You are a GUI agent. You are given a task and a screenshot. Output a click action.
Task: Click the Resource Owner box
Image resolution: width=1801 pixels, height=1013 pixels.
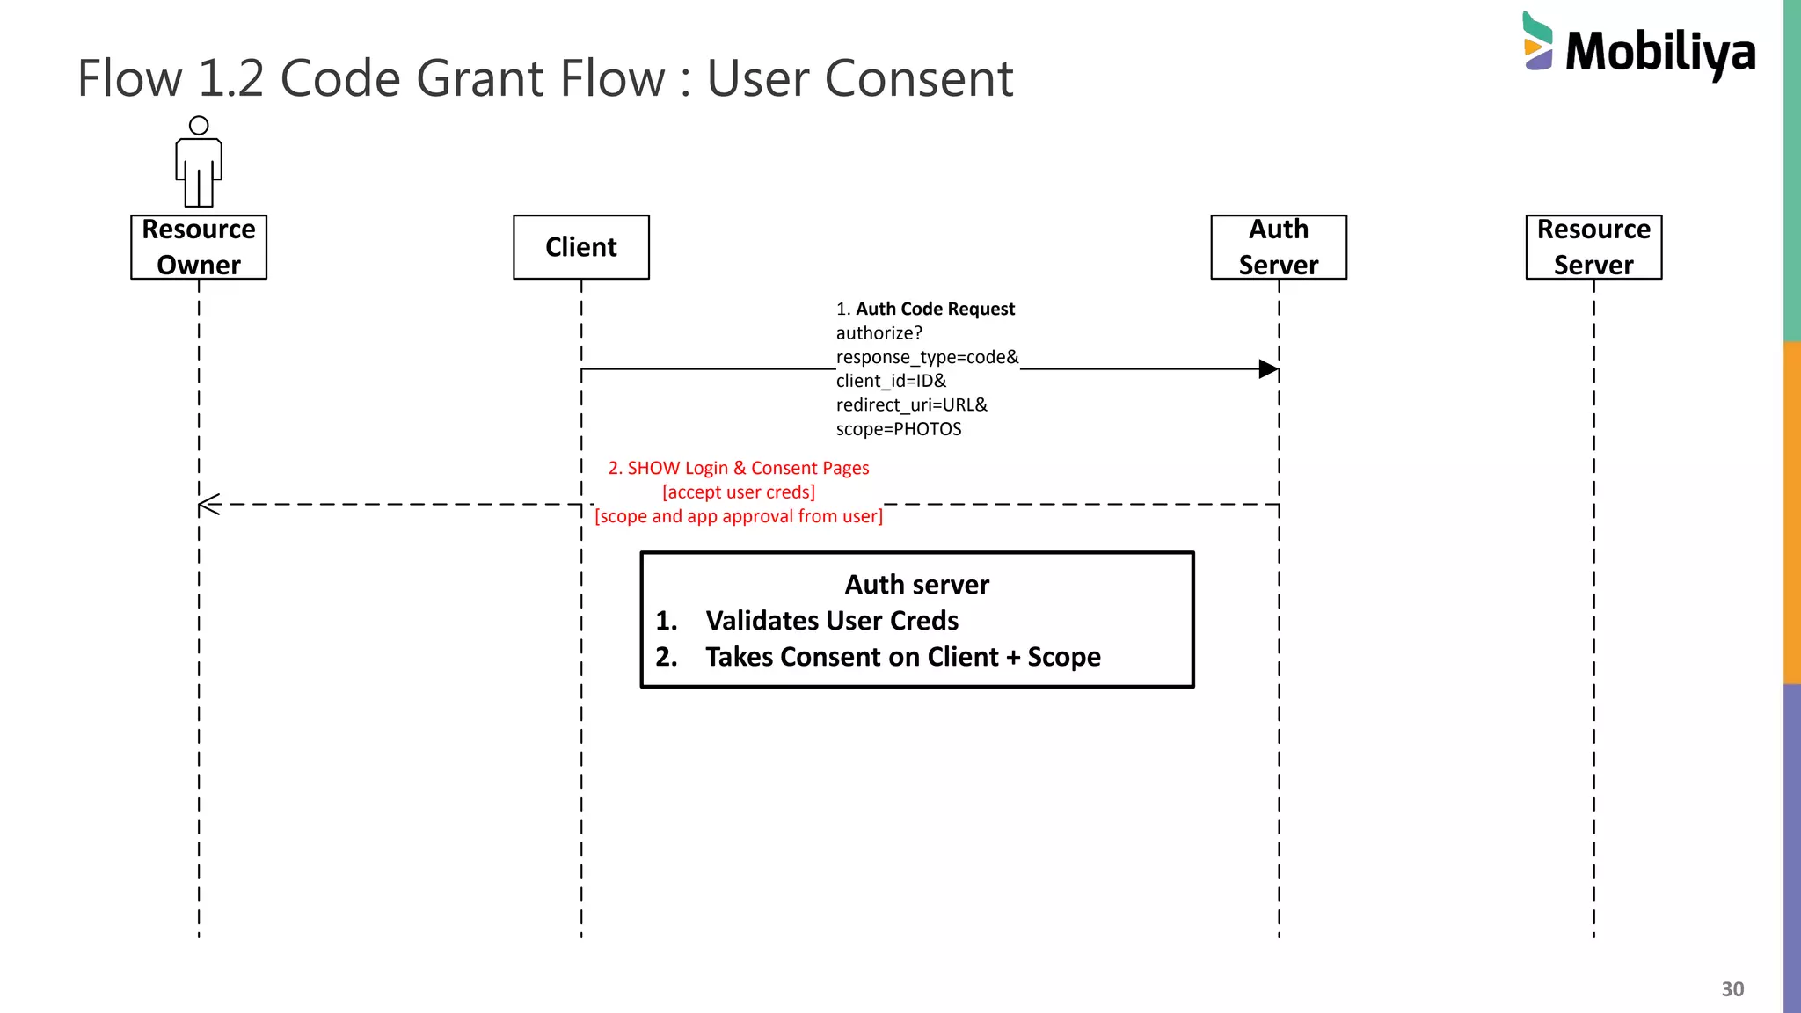[x=199, y=247]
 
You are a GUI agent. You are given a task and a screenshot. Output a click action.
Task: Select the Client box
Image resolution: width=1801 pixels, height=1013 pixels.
[x=580, y=247]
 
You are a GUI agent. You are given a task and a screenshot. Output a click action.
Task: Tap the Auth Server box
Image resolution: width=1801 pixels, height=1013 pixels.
[x=1278, y=247]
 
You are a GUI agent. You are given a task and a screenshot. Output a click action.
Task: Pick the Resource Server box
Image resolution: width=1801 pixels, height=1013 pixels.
[x=1593, y=247]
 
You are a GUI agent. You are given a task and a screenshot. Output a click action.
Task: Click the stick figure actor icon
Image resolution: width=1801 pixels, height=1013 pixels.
[x=199, y=163]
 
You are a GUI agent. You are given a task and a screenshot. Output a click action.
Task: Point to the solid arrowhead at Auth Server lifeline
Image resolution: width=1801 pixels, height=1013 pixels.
[x=1267, y=369]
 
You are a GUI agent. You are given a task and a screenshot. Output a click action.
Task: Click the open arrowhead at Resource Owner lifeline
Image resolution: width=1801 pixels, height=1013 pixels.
[x=209, y=505]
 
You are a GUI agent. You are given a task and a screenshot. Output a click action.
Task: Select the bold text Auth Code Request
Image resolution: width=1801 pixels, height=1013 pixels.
[x=935, y=309]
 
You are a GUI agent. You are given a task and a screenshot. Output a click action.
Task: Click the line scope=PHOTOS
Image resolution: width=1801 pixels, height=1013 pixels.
[x=898, y=429]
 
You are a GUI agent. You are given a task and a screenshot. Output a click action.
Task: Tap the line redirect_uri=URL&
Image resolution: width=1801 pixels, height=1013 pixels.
[x=911, y=405]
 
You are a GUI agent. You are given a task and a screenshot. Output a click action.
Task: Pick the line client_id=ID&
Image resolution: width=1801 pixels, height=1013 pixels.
[x=891, y=381]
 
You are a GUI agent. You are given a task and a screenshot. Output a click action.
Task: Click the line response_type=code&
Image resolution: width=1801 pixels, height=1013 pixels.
[x=927, y=357]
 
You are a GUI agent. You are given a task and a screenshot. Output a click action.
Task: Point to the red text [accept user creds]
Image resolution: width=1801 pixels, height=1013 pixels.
[x=738, y=492]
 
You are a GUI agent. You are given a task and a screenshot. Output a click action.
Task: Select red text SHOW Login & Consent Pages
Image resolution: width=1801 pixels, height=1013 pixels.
[x=747, y=468]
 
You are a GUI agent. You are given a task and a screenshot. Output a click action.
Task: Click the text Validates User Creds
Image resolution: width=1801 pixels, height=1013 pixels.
[x=831, y=621]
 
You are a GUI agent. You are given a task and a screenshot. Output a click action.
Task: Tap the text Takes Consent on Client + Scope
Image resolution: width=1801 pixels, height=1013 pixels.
[x=902, y=657]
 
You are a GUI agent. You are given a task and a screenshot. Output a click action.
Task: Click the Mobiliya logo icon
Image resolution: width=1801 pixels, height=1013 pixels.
[x=1537, y=41]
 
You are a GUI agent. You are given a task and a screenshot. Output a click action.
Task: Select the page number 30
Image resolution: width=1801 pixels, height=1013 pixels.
[x=1732, y=989]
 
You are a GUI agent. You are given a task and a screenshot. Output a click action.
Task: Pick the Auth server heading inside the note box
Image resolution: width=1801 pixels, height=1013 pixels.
[x=916, y=585]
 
